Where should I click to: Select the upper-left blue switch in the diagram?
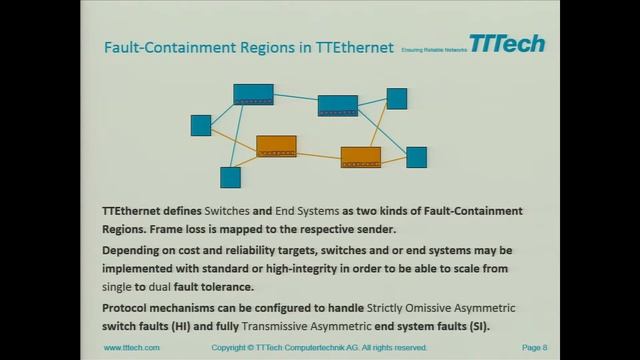253,94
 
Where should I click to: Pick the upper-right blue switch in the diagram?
338,105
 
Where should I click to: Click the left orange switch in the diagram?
276,146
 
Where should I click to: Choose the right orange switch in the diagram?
360,157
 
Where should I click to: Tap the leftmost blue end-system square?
201,125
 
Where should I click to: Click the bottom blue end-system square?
230,177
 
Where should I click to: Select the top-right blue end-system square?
397,98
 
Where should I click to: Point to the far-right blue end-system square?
416,157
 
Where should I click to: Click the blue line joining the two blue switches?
296,99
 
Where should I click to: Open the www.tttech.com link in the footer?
132,348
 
